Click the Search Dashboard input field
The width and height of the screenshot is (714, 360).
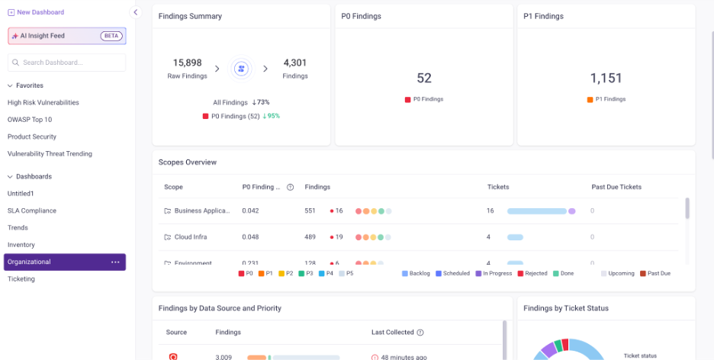[x=66, y=63]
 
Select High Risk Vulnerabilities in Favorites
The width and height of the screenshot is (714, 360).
[x=43, y=102]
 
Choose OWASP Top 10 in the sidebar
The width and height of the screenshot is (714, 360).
[x=30, y=120]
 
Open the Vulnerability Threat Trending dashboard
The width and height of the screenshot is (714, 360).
[x=50, y=153]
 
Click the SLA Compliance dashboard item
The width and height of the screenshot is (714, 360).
[x=32, y=211]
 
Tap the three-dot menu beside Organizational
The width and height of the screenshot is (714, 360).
[x=115, y=262]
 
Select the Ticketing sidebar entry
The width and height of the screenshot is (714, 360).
[x=21, y=279]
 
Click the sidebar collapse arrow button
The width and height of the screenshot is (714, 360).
[x=137, y=12]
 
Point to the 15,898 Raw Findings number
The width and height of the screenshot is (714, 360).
[x=187, y=63]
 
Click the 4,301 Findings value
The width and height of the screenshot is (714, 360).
[x=294, y=63]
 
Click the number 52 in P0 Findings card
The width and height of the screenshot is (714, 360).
[x=424, y=78]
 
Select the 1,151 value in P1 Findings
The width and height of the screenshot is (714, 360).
[x=606, y=78]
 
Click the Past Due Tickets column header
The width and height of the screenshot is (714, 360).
[x=616, y=187]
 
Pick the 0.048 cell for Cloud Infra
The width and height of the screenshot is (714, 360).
[x=251, y=237]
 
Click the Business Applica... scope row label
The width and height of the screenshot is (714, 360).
[x=201, y=211]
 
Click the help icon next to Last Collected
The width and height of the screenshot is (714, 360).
[x=420, y=333]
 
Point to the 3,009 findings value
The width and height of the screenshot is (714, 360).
[x=224, y=357]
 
